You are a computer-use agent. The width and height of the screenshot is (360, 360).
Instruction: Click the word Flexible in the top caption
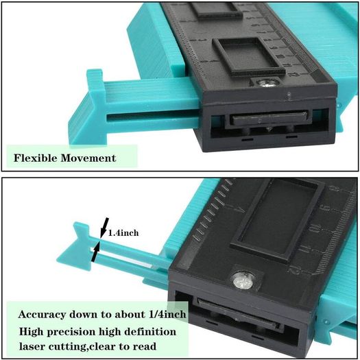[35, 158]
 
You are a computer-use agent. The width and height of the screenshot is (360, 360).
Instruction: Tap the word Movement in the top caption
[88, 158]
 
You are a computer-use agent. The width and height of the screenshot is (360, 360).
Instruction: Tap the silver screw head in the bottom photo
[243, 280]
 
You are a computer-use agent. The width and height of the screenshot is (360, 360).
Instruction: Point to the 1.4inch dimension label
[123, 233]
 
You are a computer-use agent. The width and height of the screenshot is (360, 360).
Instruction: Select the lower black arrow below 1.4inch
[95, 252]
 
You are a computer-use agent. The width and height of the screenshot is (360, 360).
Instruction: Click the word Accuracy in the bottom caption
[42, 314]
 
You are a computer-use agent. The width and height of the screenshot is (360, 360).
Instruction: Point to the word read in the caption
[146, 346]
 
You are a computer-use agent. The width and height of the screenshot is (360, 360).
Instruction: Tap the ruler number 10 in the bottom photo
[314, 229]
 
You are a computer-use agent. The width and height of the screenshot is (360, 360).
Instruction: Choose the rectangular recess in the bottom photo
[278, 219]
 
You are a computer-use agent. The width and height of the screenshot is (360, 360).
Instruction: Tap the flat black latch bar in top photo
[269, 117]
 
